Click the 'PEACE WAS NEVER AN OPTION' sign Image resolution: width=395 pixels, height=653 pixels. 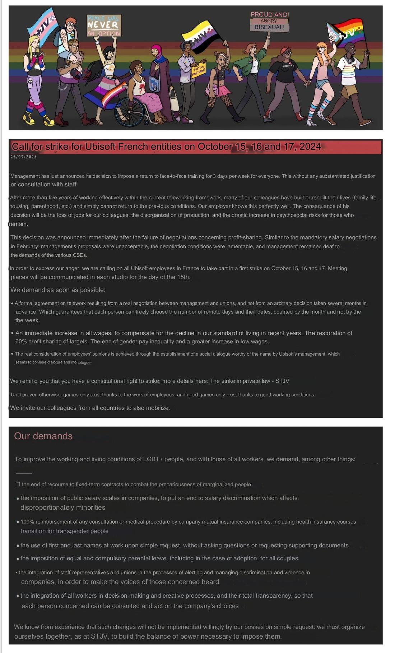[x=104, y=25]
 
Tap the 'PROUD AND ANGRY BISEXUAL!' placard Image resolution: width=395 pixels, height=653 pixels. [x=269, y=21]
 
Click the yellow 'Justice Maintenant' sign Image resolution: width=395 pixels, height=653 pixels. [x=198, y=70]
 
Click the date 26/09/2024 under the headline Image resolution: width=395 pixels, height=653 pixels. [x=24, y=157]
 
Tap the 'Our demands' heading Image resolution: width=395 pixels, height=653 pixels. [x=43, y=436]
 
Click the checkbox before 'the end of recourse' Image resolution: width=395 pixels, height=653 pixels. [x=18, y=484]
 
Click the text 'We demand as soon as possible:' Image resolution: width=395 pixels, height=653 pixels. [x=58, y=290]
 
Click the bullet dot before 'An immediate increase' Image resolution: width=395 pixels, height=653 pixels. [x=13, y=333]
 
